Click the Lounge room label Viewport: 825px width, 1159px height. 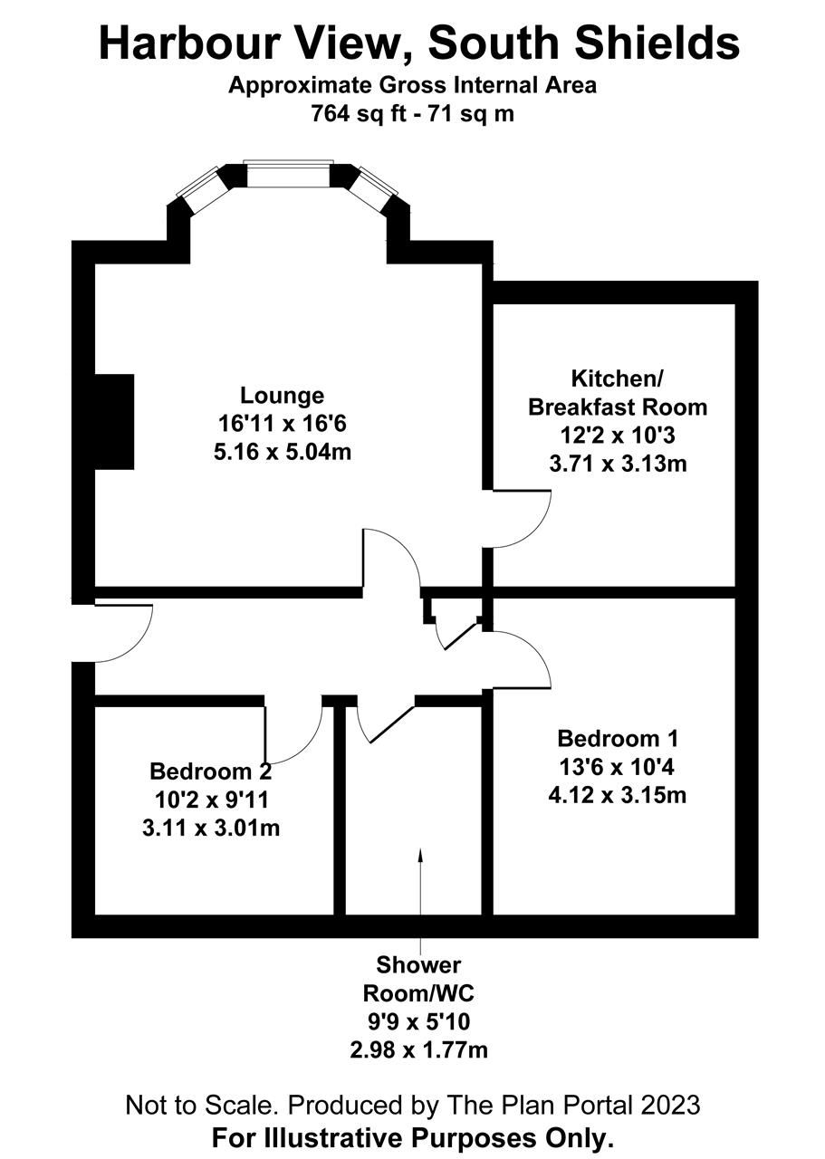point(282,396)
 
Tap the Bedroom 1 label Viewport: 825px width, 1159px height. point(618,739)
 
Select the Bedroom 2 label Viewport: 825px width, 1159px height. point(211,771)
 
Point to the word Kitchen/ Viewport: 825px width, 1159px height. point(617,379)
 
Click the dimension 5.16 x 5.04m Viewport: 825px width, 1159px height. point(283,452)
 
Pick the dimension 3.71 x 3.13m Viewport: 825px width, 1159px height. point(618,464)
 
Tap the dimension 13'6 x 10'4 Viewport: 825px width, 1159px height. point(617,767)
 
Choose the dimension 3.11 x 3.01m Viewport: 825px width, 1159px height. point(211,828)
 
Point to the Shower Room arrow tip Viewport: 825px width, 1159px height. point(420,849)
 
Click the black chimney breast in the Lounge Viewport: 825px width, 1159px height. point(114,422)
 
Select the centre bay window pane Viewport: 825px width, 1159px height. point(288,176)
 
